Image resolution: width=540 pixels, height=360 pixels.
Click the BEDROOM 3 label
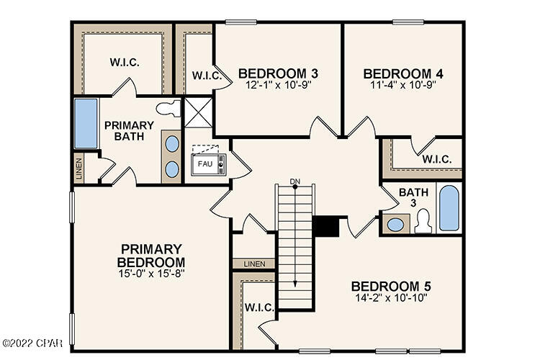pos(278,73)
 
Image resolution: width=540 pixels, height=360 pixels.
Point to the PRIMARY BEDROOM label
pos(151,255)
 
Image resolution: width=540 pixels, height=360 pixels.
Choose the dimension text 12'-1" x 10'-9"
pos(278,84)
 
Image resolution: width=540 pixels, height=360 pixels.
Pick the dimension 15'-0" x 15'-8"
pos(151,273)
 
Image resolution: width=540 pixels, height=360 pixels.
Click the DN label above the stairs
pos(294,181)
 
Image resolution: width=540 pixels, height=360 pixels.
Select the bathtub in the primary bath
pos(86,124)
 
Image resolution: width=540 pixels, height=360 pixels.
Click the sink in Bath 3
pos(395,224)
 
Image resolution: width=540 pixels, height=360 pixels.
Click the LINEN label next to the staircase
pos(253,264)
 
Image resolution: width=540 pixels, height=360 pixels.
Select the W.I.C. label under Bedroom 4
pos(437,159)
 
